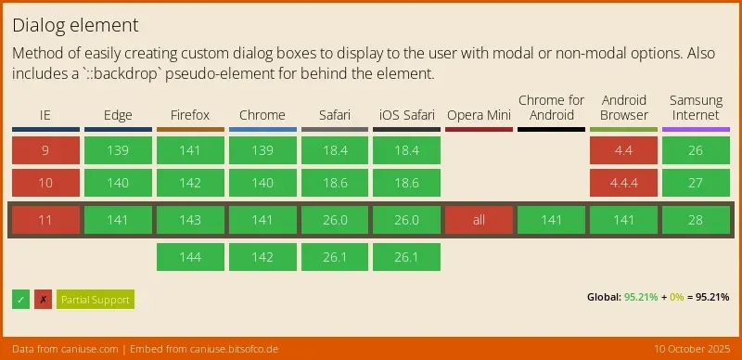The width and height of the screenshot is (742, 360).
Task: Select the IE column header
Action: (x=45, y=116)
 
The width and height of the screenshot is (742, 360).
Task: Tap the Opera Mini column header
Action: (x=479, y=116)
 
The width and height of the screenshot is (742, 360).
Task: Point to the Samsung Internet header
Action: (x=696, y=108)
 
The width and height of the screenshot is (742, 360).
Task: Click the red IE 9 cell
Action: (x=45, y=150)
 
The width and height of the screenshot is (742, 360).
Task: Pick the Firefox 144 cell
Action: (x=190, y=257)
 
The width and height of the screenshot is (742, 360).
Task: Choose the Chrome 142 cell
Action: (x=262, y=257)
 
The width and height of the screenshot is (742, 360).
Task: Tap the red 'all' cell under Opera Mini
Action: (x=479, y=221)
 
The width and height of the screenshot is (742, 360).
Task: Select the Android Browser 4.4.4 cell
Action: (x=623, y=184)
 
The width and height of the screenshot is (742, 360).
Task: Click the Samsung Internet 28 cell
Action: (x=696, y=221)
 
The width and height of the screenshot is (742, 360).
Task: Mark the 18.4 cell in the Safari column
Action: (x=335, y=150)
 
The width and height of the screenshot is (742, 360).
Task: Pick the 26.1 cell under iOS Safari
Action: (x=406, y=257)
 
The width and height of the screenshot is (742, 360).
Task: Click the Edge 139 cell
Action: (x=118, y=150)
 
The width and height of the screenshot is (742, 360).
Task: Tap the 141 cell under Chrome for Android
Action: (x=551, y=221)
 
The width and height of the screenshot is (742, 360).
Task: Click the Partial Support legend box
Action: (x=96, y=300)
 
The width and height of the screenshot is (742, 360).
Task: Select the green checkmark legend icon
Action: (x=21, y=300)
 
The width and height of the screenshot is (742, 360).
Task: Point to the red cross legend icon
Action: (x=43, y=300)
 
